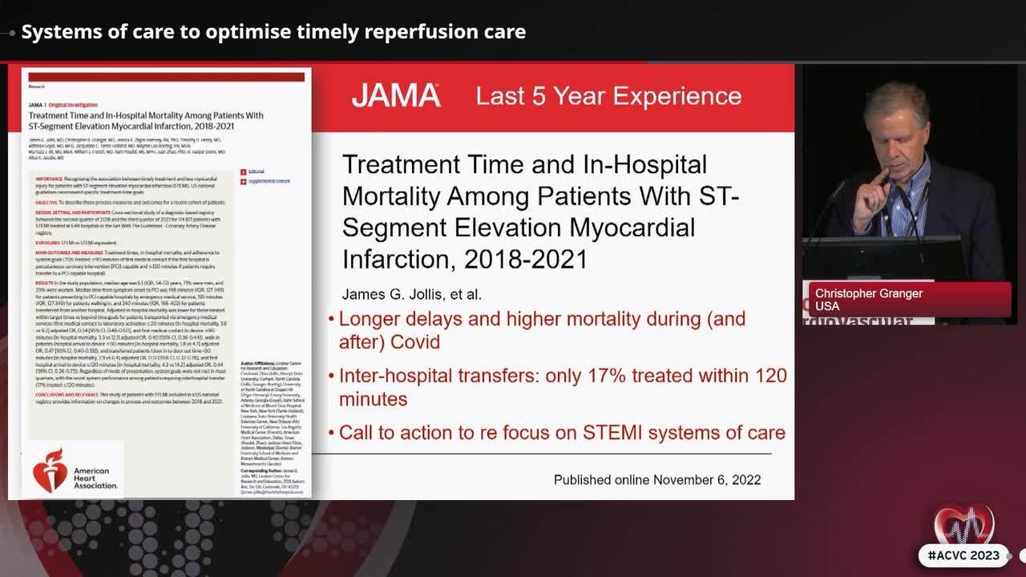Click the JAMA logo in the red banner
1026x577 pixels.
click(x=395, y=96)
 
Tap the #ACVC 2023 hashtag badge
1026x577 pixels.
click(x=963, y=555)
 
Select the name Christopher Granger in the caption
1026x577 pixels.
click(x=869, y=293)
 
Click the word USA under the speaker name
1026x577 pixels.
click(x=827, y=306)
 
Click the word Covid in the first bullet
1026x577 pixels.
click(x=416, y=342)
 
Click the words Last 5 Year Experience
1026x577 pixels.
click(x=608, y=96)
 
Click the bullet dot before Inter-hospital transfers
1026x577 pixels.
click(x=332, y=377)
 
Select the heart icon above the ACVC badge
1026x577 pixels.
click(x=963, y=526)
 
